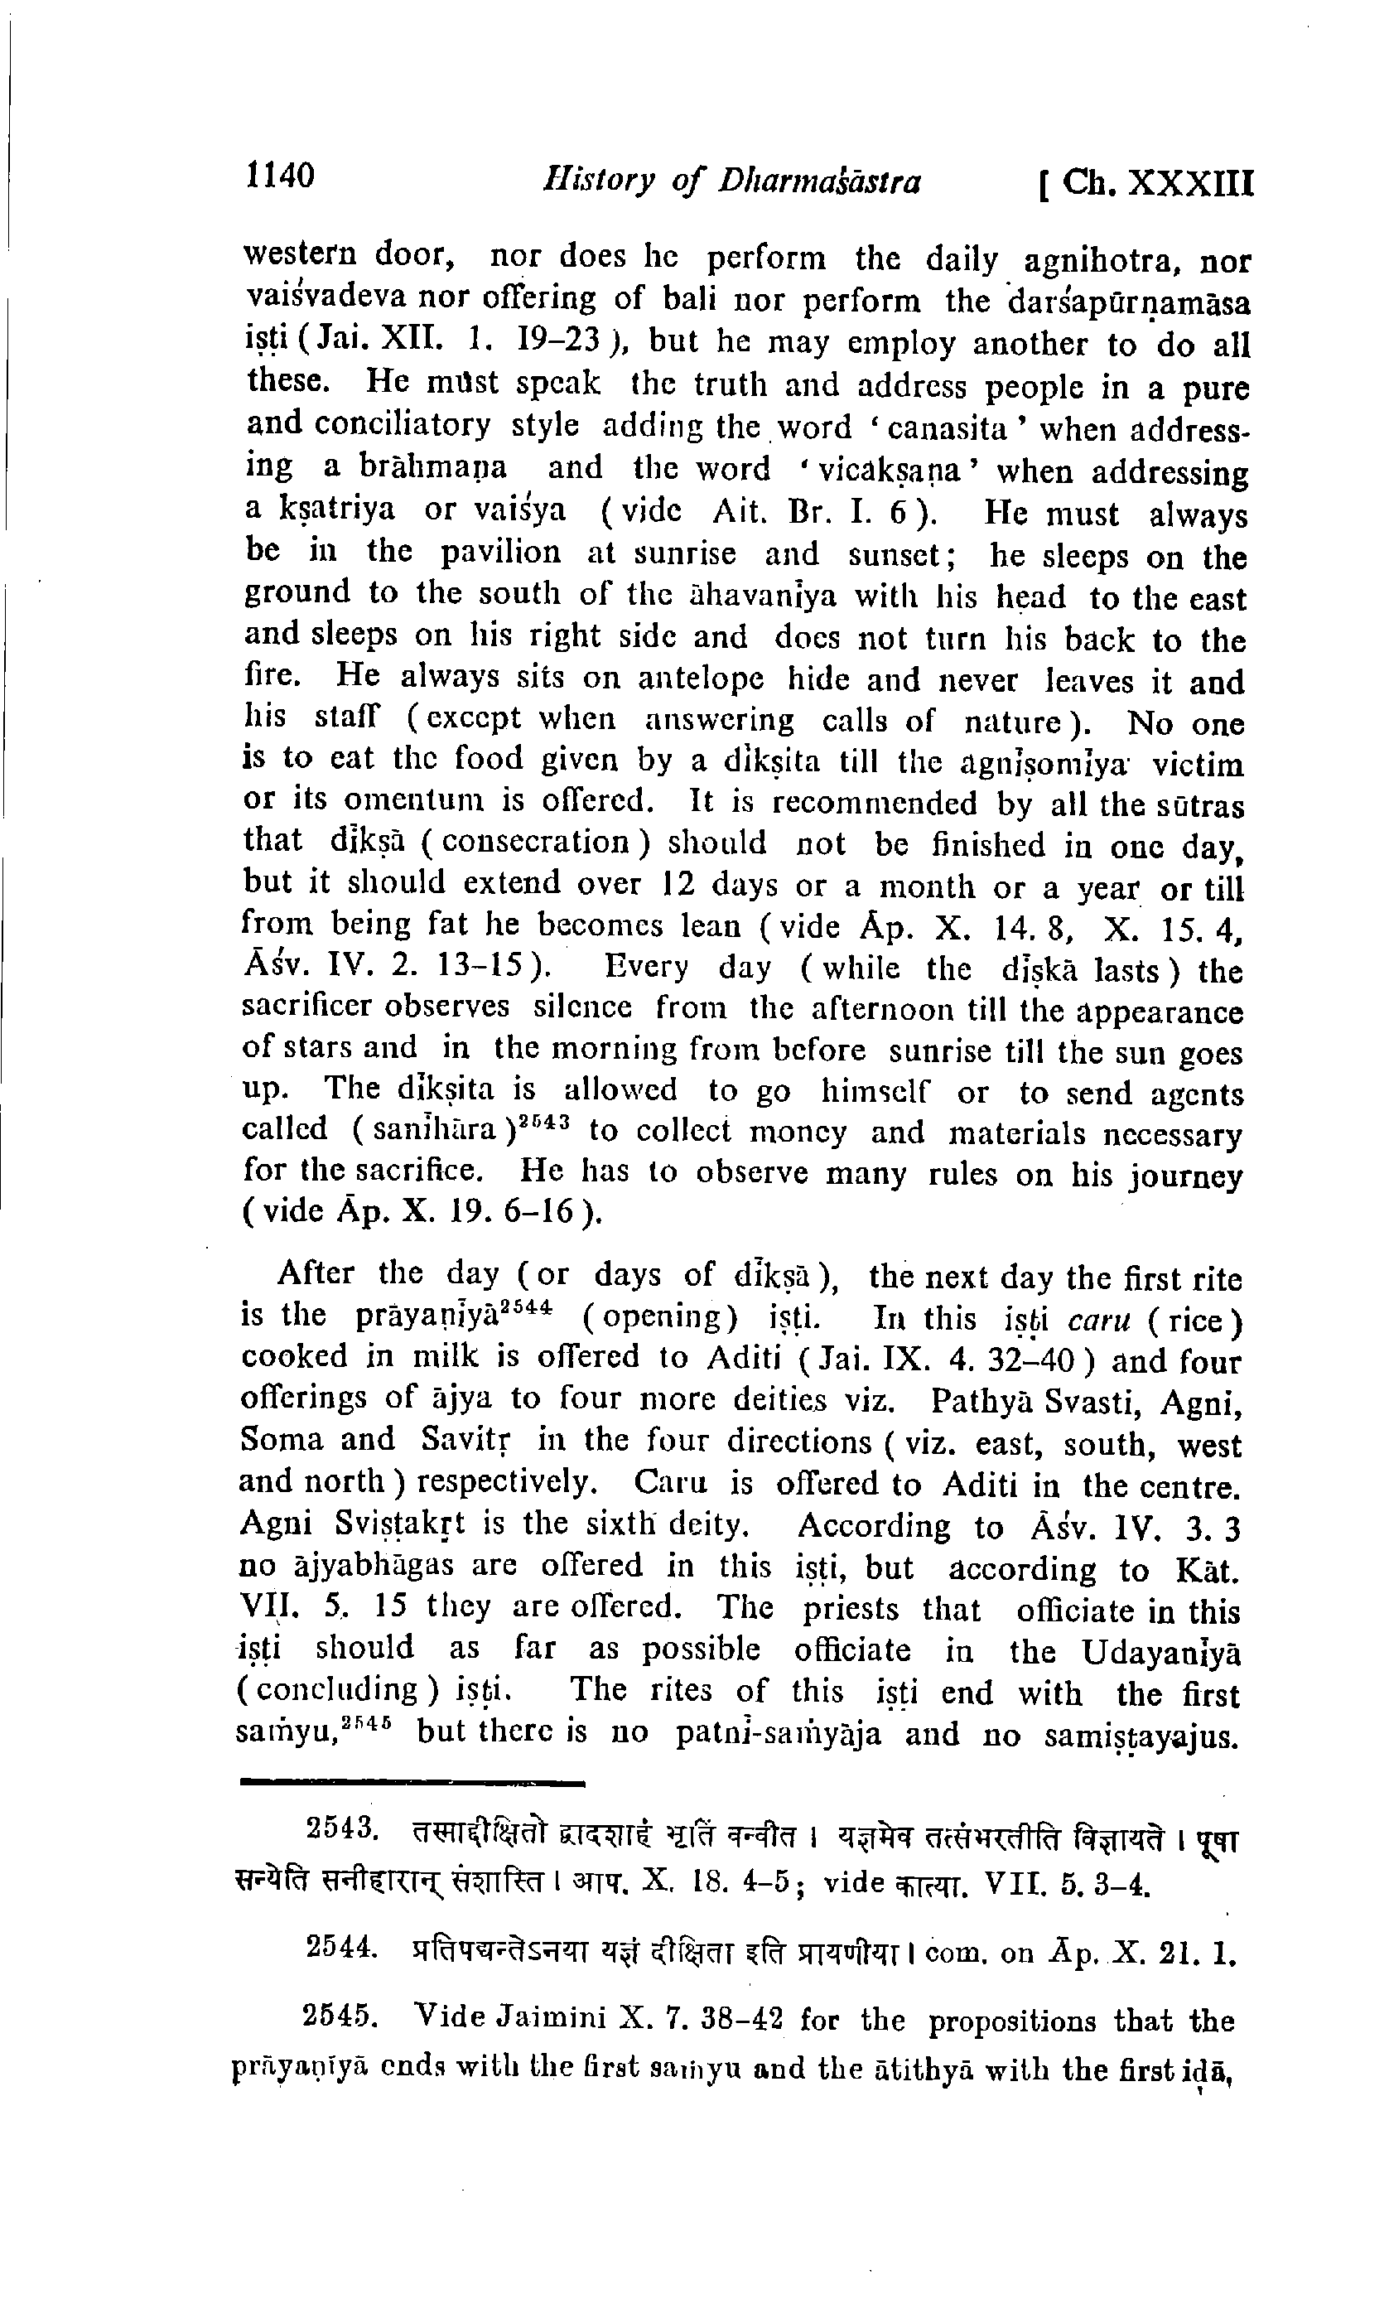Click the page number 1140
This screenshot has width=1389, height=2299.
280,175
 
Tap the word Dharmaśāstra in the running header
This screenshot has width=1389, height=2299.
818,181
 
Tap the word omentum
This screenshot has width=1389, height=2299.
412,801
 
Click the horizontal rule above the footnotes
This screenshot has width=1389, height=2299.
412,1783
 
